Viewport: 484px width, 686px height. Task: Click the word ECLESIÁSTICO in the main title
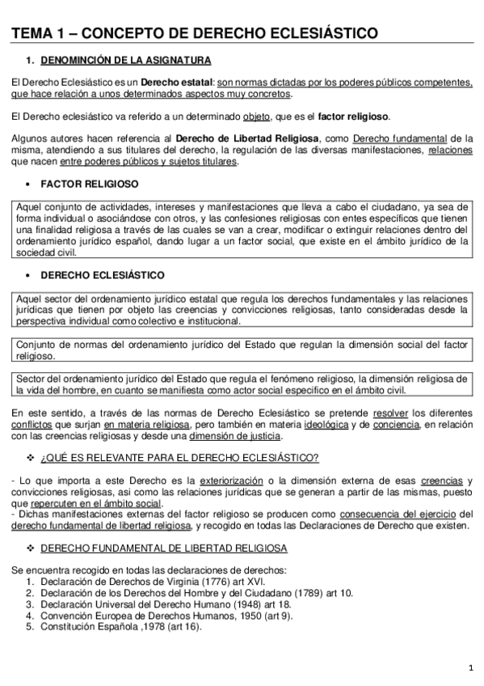(x=319, y=33)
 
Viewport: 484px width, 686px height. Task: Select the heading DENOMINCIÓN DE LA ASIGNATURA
(x=126, y=61)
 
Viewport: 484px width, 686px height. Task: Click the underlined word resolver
(x=391, y=413)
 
